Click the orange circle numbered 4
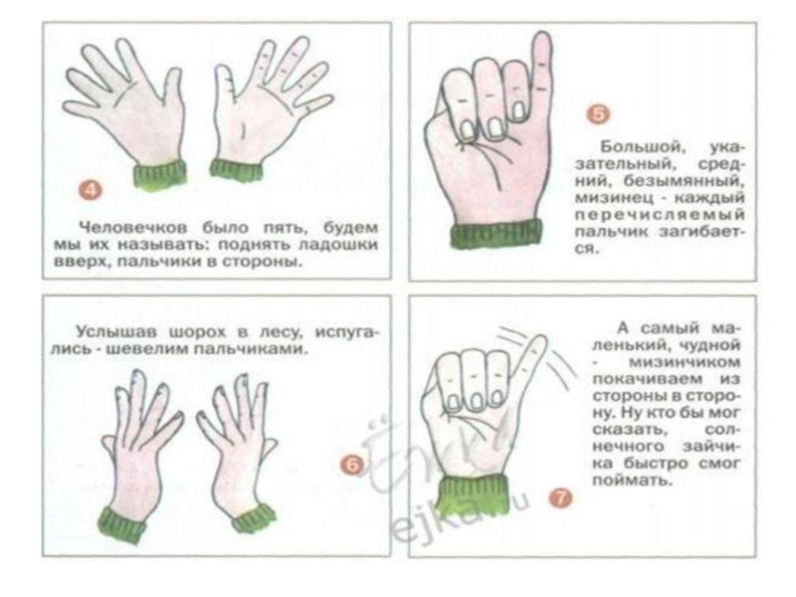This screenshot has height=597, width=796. click(90, 191)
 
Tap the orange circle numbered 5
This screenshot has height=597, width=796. click(599, 114)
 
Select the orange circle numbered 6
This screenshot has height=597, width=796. click(352, 465)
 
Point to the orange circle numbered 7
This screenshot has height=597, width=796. click(560, 498)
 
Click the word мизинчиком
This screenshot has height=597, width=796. click(685, 362)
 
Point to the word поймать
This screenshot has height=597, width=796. click(633, 480)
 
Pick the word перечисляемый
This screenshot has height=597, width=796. click(660, 215)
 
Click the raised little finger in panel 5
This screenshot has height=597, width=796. click(542, 71)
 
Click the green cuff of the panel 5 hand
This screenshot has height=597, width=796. click(497, 234)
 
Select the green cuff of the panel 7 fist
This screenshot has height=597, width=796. click(474, 496)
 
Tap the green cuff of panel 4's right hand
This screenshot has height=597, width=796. click(237, 169)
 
